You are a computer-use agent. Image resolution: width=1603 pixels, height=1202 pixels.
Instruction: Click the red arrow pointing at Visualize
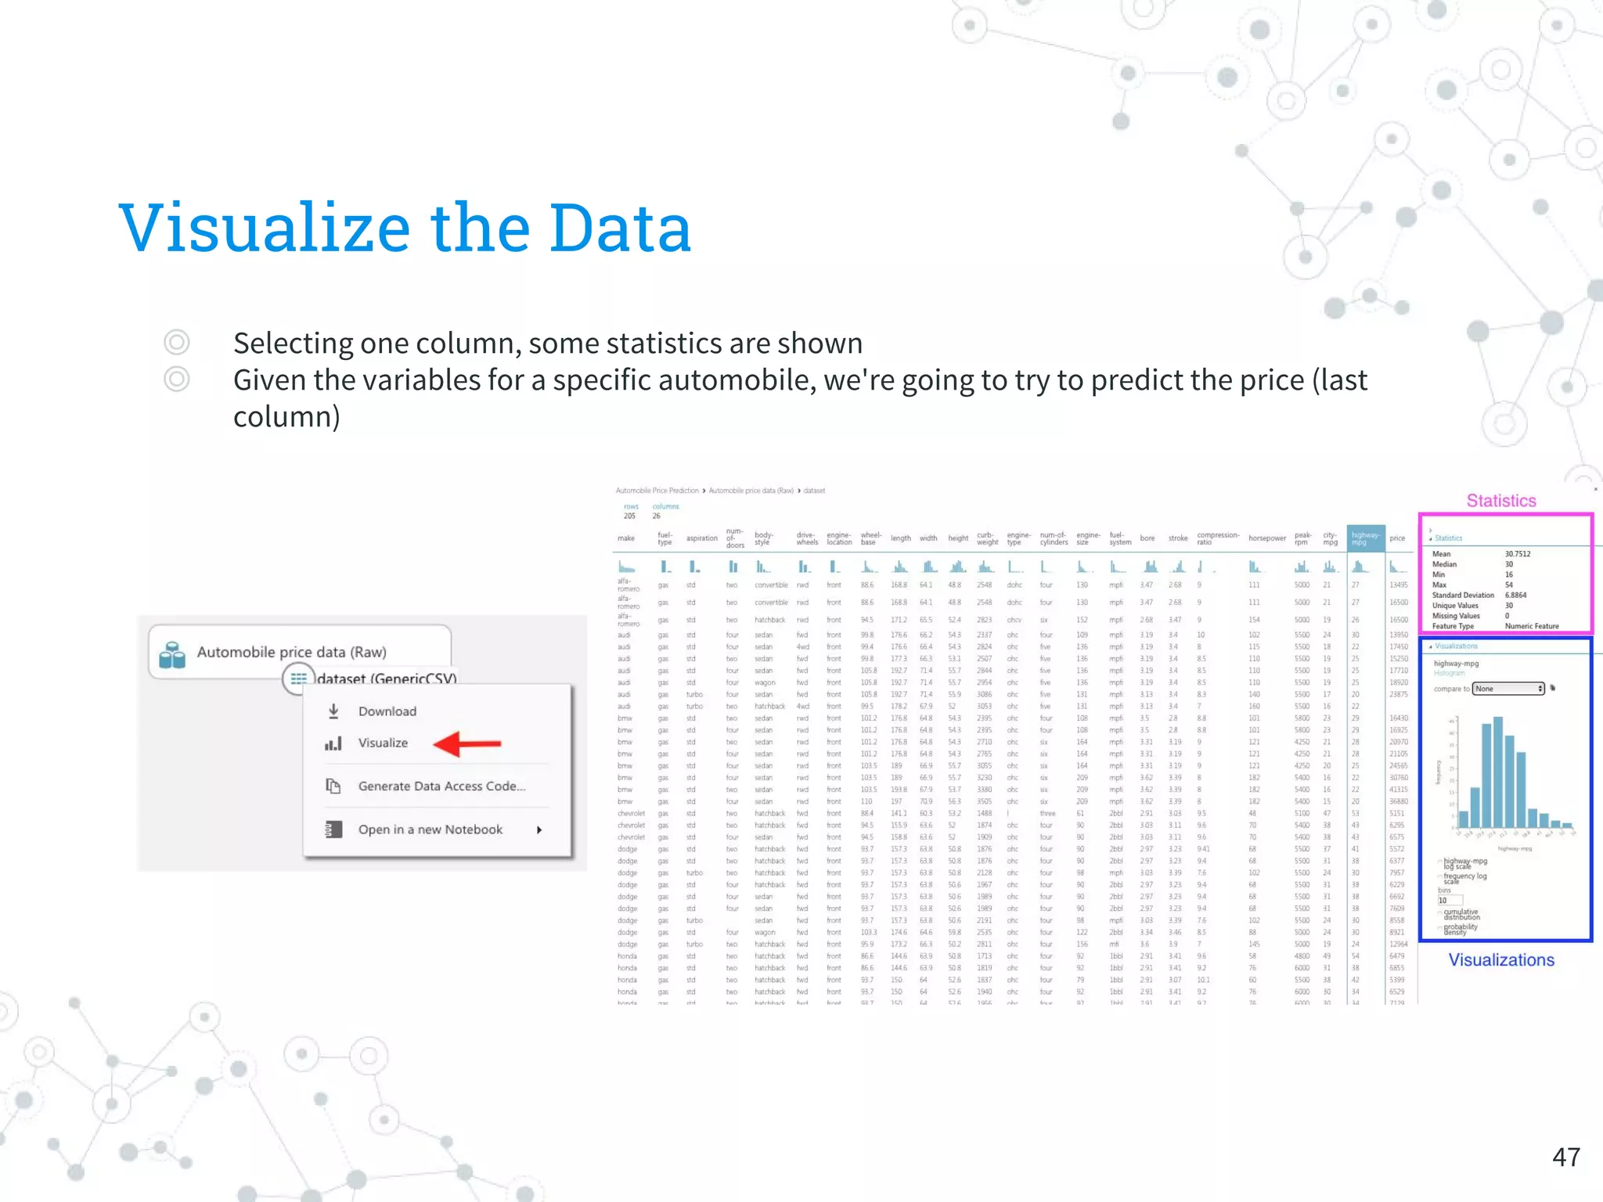[467, 743]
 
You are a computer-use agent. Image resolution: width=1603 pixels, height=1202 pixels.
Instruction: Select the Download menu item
[387, 711]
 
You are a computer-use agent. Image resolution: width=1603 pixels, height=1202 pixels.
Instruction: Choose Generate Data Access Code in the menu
[441, 786]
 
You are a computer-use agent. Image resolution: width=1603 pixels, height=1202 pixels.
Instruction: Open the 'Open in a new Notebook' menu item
[430, 830]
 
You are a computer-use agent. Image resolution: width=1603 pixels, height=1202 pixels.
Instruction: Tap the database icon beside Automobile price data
[172, 655]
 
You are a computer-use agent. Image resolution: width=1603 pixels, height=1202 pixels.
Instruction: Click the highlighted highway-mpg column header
[1365, 538]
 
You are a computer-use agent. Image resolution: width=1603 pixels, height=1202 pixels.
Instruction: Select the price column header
[1397, 538]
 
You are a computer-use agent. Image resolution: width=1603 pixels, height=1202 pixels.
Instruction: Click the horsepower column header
[1266, 538]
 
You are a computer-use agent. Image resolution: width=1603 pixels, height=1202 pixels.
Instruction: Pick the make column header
[626, 538]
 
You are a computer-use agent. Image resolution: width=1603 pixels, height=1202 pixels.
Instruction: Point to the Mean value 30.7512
[1517, 554]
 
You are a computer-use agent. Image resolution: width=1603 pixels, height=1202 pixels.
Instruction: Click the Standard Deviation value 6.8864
[1515, 595]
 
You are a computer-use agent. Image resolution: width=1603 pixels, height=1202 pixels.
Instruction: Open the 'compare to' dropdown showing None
[1508, 689]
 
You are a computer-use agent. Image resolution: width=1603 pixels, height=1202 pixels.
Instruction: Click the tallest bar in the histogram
[1497, 772]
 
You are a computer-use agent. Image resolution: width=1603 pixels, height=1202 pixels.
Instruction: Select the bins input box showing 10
[1450, 900]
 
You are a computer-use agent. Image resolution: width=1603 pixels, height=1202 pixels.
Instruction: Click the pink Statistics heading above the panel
[1500, 501]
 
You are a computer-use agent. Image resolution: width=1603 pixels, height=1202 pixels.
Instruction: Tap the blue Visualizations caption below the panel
[1500, 960]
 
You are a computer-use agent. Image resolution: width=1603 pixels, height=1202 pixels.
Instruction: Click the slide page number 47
[1566, 1157]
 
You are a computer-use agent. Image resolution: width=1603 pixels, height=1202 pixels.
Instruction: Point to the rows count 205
[629, 516]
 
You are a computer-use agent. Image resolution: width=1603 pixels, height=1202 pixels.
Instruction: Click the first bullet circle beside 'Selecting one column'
[177, 343]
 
